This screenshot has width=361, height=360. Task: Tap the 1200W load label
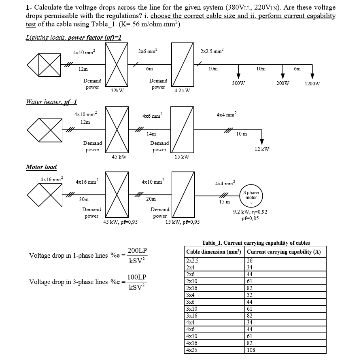[312, 84]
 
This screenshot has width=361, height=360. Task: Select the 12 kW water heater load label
[262, 149]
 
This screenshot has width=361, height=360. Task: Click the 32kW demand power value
[117, 91]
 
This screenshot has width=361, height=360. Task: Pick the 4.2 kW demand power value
[182, 91]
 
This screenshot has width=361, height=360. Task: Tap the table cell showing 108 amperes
[251, 350]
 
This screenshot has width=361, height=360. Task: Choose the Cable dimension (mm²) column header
[214, 252]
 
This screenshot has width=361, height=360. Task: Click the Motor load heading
[41, 167]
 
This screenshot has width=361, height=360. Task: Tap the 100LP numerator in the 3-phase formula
[137, 277]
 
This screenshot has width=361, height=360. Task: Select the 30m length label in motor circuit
[84, 199]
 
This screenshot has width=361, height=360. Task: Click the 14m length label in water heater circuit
[151, 133]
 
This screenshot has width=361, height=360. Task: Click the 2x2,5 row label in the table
[193, 261]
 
